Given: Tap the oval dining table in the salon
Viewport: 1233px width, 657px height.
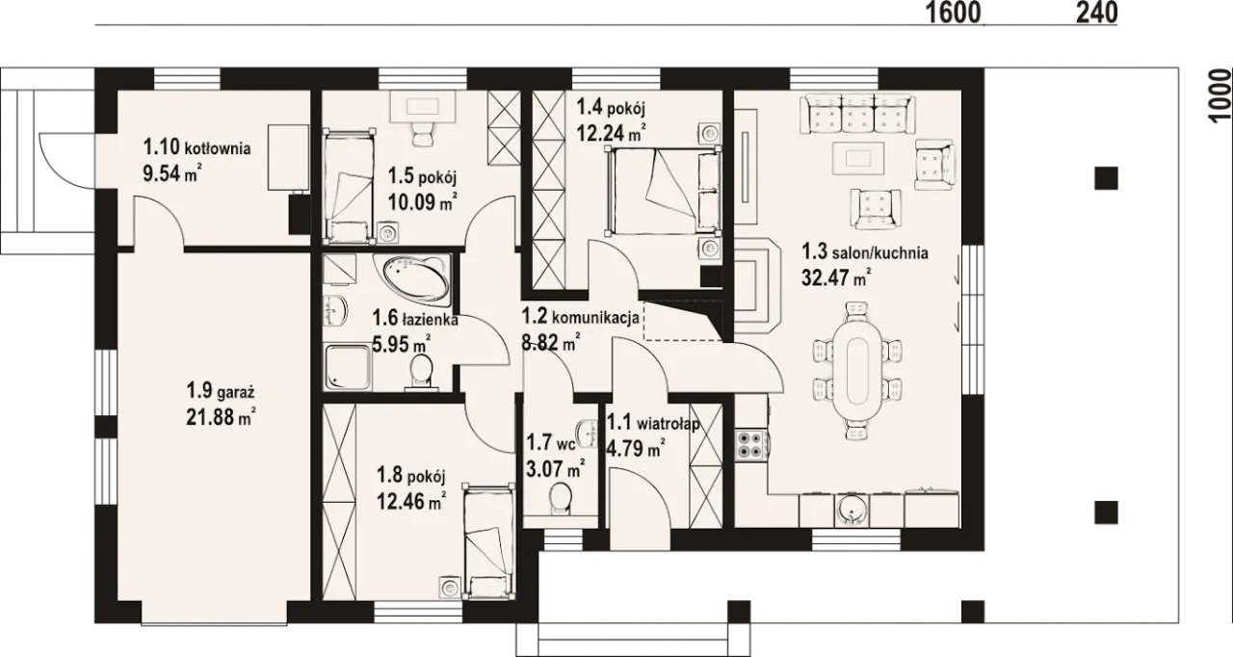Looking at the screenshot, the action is click(857, 370).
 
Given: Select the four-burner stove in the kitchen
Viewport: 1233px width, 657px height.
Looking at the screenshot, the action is click(749, 445).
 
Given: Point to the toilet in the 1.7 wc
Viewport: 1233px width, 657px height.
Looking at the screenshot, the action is click(561, 498).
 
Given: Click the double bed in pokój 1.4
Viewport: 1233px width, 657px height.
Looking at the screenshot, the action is click(664, 192).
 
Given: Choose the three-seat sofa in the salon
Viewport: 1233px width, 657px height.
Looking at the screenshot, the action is click(858, 114).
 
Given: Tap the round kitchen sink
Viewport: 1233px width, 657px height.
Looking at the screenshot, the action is click(852, 511).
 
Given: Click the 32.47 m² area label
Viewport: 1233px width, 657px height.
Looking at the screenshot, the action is click(836, 277).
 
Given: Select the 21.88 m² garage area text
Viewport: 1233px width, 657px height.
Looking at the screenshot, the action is click(221, 416).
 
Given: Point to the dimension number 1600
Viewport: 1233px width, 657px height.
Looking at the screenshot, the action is click(954, 13).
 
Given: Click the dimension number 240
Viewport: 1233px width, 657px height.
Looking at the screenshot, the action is click(1096, 13).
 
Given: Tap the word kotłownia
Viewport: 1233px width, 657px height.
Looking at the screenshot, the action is click(218, 148).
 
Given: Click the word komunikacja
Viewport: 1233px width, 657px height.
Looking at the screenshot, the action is click(595, 318).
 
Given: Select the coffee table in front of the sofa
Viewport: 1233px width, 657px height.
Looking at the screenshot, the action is click(858, 158).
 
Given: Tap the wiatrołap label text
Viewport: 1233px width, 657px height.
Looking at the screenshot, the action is click(669, 424).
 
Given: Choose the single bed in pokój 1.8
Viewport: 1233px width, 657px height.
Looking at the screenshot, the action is click(488, 541).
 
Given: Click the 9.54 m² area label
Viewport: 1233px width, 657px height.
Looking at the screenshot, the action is click(171, 173).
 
